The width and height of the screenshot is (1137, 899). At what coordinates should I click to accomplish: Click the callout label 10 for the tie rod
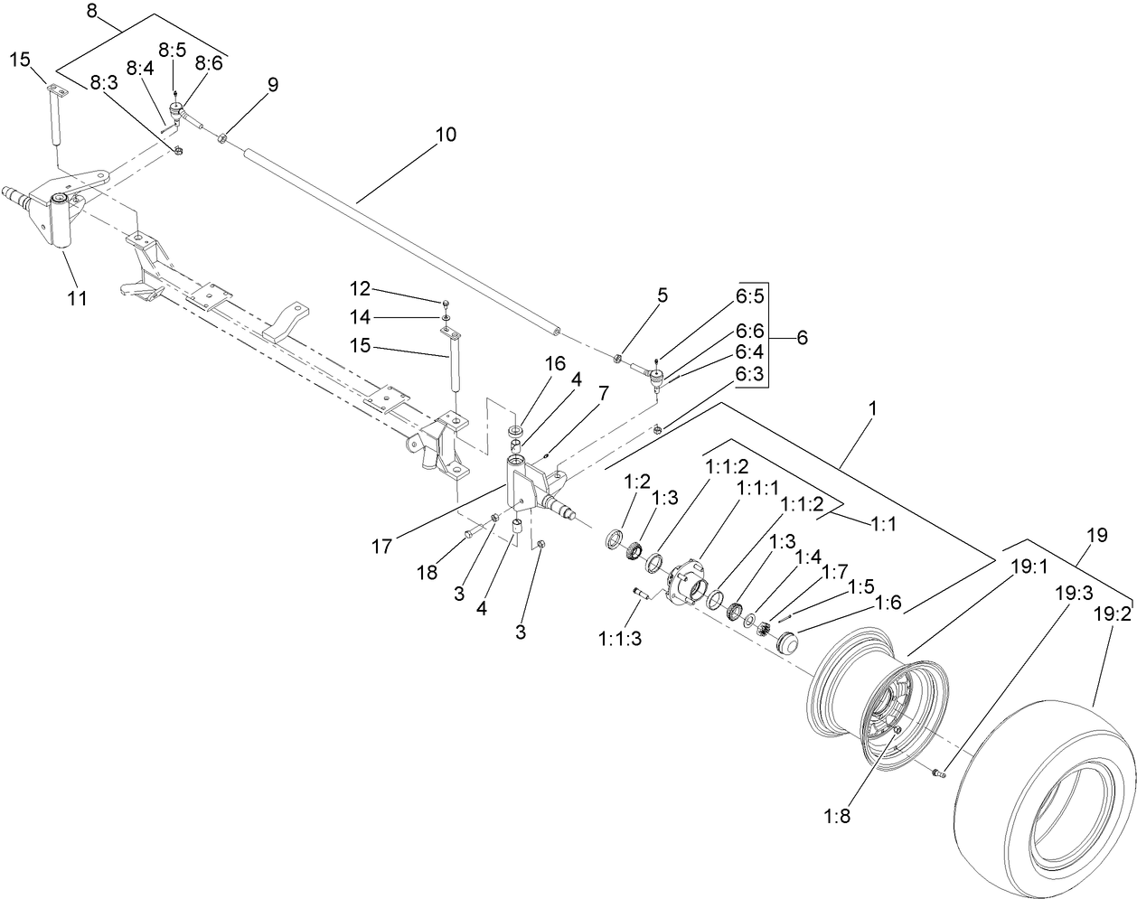coord(446,135)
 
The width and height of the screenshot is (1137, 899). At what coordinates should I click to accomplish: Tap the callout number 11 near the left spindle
coord(78,297)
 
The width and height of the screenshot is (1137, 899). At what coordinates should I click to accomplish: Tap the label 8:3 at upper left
coord(105,82)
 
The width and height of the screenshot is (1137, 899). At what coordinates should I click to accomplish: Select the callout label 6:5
coord(750,295)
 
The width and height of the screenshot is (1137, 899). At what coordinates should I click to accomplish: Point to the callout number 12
coord(361,288)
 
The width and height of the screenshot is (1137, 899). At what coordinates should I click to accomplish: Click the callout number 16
coord(554,363)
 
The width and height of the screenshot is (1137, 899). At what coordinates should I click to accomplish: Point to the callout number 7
coord(602,394)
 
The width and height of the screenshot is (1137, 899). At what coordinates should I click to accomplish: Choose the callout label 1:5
coord(860,587)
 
